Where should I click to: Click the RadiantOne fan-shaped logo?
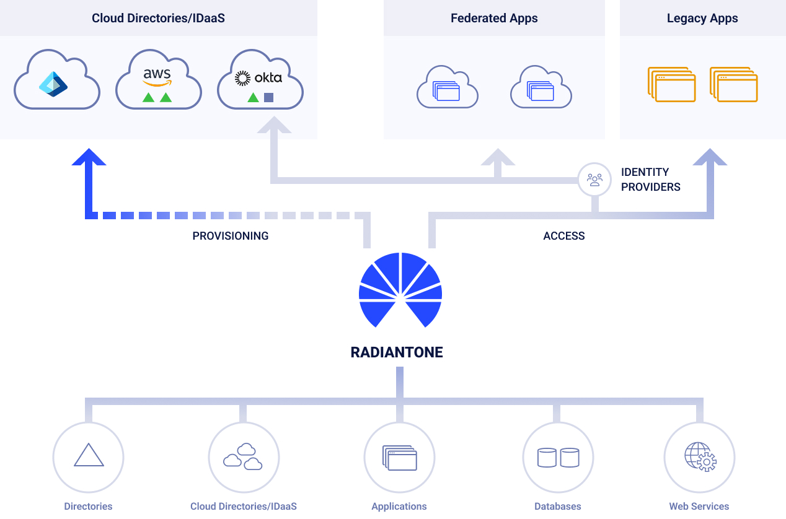(400, 289)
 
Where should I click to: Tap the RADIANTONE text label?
(397, 353)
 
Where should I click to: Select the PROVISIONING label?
(230, 236)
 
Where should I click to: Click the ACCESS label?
(563, 236)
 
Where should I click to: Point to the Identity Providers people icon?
(594, 180)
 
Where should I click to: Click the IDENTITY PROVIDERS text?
(650, 180)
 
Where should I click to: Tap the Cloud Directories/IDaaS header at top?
(158, 19)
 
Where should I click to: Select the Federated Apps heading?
(494, 19)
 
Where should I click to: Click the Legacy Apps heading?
(702, 19)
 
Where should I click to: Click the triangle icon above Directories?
(89, 456)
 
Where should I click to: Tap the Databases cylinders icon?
(558, 458)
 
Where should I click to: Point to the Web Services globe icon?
(699, 458)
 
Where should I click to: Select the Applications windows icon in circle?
(399, 458)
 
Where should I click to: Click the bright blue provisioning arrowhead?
(89, 157)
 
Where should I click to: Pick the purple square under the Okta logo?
(268, 97)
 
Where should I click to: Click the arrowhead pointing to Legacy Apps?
(710, 157)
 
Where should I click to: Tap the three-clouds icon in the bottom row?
(243, 457)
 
